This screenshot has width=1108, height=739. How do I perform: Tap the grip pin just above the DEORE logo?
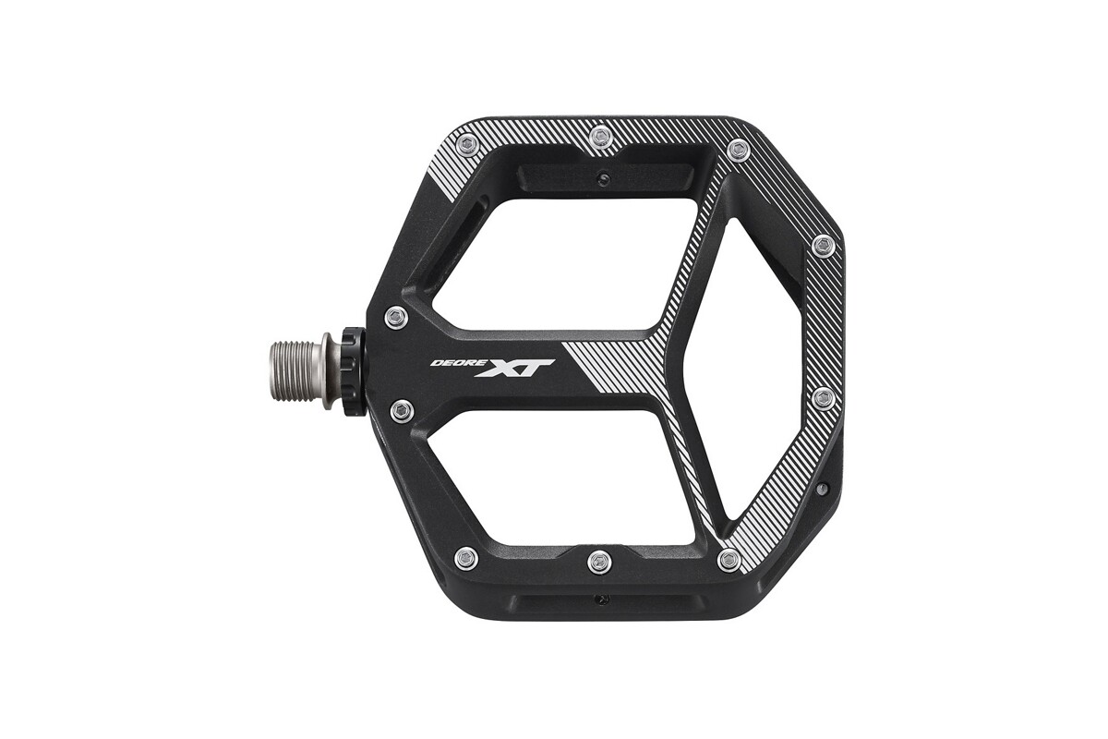tap(396, 318)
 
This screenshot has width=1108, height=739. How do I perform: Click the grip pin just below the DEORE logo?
tap(402, 410)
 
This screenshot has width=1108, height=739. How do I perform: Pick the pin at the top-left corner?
tap(468, 145)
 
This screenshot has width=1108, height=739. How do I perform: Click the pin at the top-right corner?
tap(737, 150)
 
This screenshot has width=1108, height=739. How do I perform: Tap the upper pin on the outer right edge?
tap(824, 246)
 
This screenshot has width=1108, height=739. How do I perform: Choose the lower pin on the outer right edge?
tap(824, 399)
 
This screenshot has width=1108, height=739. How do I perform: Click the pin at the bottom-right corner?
tap(729, 560)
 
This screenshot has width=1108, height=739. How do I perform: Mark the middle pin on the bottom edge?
tap(600, 561)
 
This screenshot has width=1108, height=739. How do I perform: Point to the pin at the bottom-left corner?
tap(467, 558)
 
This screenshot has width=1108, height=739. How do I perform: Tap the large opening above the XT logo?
tap(563, 263)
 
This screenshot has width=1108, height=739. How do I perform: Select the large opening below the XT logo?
tap(554, 471)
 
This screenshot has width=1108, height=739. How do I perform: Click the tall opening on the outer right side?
tap(757, 369)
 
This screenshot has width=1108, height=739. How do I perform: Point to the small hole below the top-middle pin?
tap(603, 177)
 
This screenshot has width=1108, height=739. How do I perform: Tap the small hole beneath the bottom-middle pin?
tap(603, 600)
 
